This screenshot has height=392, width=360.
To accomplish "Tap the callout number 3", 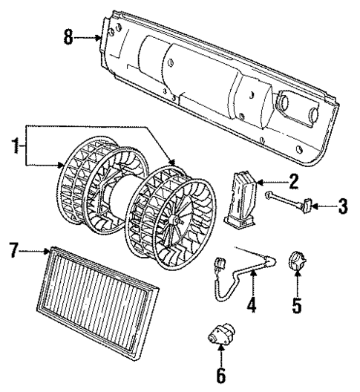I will coord(341,206).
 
